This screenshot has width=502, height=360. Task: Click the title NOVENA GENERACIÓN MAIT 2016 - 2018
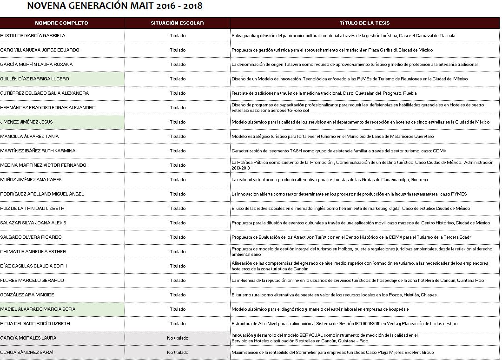coord(115,7)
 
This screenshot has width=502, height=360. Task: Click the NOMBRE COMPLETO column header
coord(61,23)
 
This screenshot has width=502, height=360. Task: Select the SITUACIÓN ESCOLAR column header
coord(177,23)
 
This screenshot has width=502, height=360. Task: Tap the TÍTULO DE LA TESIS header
coord(364,23)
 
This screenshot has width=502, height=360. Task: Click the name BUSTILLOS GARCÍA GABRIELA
coord(33,36)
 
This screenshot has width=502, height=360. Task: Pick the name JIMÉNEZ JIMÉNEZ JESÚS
coord(26,122)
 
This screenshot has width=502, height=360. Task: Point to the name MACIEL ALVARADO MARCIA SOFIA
coord(38,309)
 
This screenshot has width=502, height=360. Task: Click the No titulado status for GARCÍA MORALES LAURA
coord(178,338)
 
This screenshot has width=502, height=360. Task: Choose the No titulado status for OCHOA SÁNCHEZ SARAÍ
coord(178,353)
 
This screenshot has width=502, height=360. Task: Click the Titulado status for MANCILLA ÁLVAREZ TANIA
coord(178,137)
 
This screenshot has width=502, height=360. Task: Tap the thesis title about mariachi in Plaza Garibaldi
coord(332,50)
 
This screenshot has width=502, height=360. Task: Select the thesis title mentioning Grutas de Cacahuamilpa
coord(330,180)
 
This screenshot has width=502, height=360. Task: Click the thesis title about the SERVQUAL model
coord(324,338)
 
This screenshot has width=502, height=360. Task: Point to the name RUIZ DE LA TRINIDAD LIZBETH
coord(33,209)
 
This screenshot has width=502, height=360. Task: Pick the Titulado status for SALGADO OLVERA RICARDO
coord(178,237)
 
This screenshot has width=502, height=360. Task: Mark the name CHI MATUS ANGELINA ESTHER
coord(33,252)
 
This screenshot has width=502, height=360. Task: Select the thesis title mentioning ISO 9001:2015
coord(344,324)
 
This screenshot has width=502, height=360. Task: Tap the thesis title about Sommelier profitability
coord(333,353)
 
